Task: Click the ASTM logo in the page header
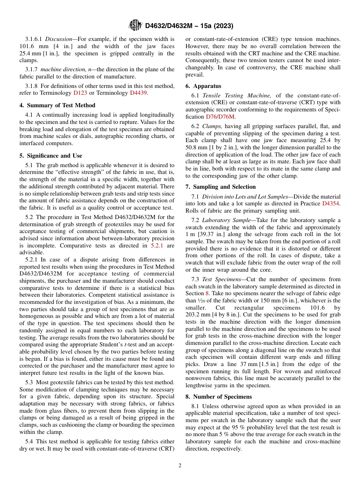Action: tap(136, 25)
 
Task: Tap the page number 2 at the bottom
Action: tap(180, 465)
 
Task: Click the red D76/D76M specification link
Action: tap(220, 117)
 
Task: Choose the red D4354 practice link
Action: tap(331, 204)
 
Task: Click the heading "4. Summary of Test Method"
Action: tap(57, 105)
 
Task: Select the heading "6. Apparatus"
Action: tap(203, 86)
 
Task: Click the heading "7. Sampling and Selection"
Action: tap(221, 187)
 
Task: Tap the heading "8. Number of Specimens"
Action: tap(218, 397)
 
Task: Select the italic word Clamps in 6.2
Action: tap(210, 126)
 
